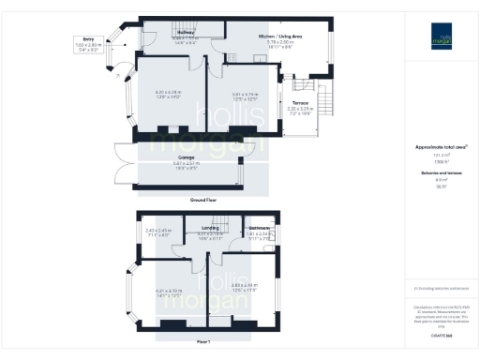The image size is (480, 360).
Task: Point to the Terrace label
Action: coord(299,103)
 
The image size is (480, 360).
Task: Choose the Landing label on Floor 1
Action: coord(210,226)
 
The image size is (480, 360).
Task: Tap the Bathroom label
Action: coord(259,227)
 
